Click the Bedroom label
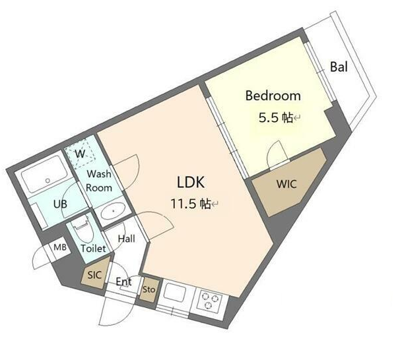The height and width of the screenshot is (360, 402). [x=273, y=96]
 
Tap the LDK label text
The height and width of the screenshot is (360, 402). [x=191, y=182]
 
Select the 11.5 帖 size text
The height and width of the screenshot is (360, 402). [x=191, y=204]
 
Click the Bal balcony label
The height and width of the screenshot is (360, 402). [x=339, y=67]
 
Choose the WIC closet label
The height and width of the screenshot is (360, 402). [x=286, y=184]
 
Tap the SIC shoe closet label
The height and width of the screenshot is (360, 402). [x=94, y=275]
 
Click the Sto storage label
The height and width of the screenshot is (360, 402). [x=149, y=289]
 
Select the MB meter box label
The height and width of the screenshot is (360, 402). [x=60, y=247]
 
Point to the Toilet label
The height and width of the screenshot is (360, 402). [x=93, y=249]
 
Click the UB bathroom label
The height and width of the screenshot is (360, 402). [x=60, y=204]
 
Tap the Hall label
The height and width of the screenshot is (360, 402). [x=126, y=239]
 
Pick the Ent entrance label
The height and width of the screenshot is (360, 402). [x=123, y=282]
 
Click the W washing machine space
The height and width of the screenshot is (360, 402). [x=80, y=154]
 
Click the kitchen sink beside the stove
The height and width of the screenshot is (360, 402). [x=174, y=292]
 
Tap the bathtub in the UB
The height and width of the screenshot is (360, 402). [x=45, y=174]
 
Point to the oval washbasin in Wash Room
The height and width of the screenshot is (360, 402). [x=113, y=211]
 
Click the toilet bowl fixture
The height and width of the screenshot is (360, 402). [x=82, y=229]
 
